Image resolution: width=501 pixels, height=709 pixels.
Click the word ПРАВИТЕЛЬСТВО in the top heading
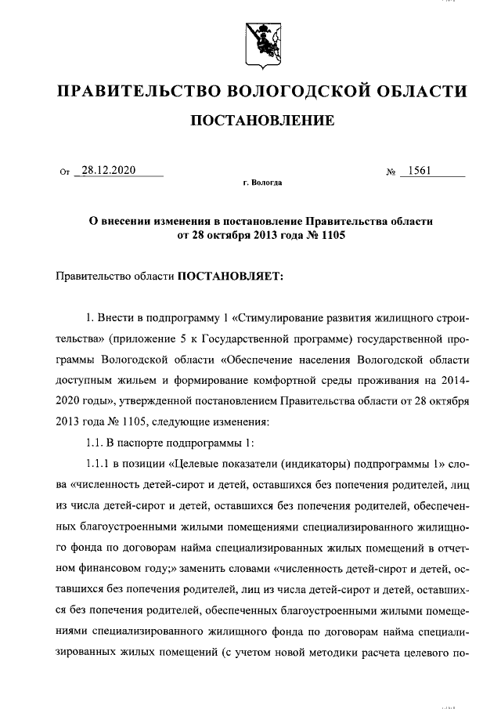[x=131, y=92]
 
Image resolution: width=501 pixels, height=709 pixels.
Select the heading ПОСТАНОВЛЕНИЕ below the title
[x=262, y=121]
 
